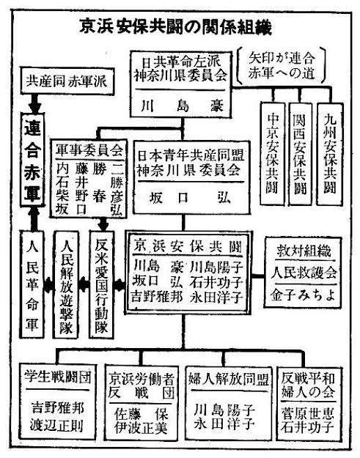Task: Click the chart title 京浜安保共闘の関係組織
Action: (x=176, y=29)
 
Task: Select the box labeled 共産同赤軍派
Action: (x=66, y=81)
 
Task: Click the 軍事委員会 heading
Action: (x=89, y=146)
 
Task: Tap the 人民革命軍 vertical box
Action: (x=30, y=287)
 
